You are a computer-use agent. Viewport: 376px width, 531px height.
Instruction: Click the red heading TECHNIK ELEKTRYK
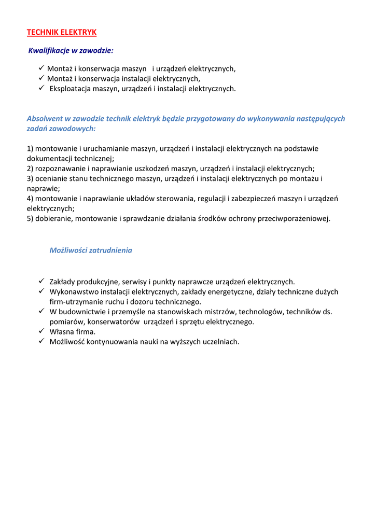[x=62, y=32]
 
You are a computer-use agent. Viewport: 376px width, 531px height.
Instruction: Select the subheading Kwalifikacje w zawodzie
[x=71, y=51]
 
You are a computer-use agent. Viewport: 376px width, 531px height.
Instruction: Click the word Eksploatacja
[x=70, y=89]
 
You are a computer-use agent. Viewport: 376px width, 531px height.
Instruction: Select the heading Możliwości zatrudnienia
[x=91, y=250]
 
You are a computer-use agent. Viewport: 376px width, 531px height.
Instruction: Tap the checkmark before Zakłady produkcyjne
[x=41, y=281]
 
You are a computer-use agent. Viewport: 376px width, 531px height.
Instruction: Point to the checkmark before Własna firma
[x=41, y=331]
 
